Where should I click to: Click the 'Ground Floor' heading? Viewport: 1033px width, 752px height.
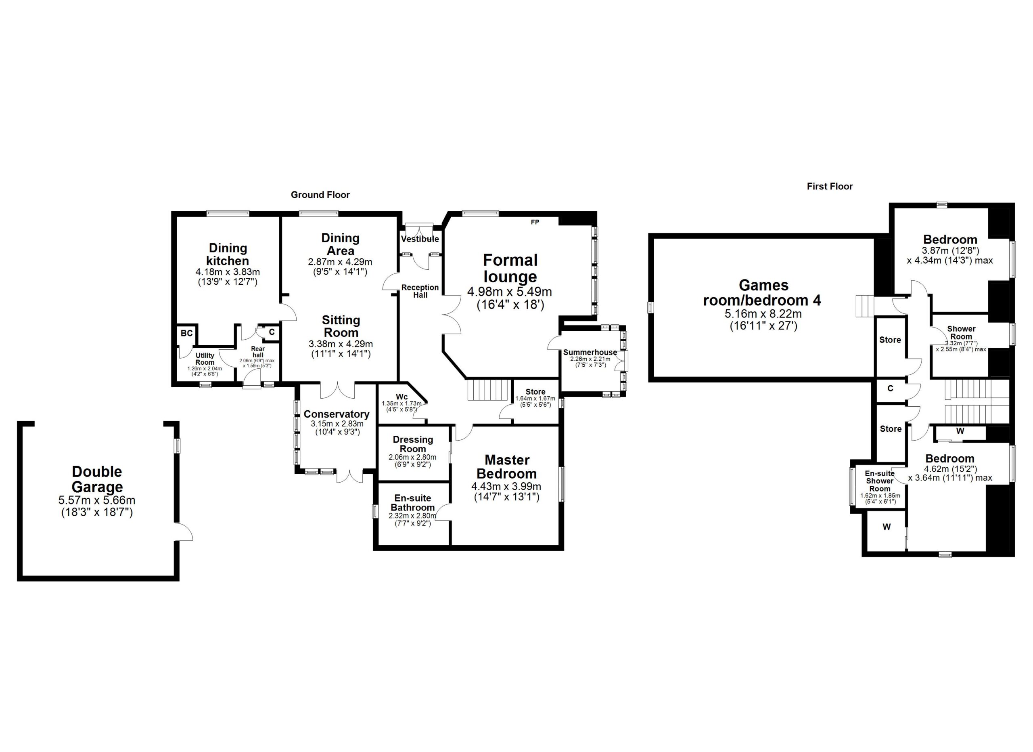320,195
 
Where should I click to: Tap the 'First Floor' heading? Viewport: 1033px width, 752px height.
829,187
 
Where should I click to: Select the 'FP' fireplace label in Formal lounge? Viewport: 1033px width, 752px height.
535,222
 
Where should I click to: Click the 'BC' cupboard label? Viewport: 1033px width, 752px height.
187,333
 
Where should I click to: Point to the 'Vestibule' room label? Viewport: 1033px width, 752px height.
420,239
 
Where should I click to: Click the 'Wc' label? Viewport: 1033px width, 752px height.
401,397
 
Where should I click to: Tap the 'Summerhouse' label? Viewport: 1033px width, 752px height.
590,352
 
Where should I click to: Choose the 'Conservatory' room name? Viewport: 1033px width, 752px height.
337,414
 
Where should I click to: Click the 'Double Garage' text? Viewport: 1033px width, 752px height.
97,479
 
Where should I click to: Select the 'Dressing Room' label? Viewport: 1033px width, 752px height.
413,444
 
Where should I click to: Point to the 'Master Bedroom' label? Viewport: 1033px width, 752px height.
506,467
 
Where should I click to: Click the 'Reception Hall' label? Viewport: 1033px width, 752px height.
420,291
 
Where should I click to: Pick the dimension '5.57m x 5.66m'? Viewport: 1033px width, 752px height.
97,500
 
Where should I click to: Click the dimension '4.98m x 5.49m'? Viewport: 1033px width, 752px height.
510,291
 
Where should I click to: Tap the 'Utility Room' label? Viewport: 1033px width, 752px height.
205,359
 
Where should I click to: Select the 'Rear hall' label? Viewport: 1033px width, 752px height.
258,352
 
